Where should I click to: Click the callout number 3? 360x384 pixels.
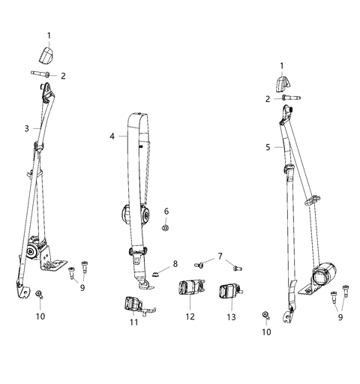tap(27, 129)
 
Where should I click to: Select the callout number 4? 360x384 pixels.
tap(112, 136)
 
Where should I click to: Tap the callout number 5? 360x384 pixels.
tap(268, 148)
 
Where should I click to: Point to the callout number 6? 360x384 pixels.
tap(166, 211)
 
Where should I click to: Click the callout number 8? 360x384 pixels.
tap(175, 263)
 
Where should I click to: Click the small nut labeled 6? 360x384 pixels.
tap(166, 226)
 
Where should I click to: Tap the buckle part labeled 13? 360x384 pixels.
tap(228, 290)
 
